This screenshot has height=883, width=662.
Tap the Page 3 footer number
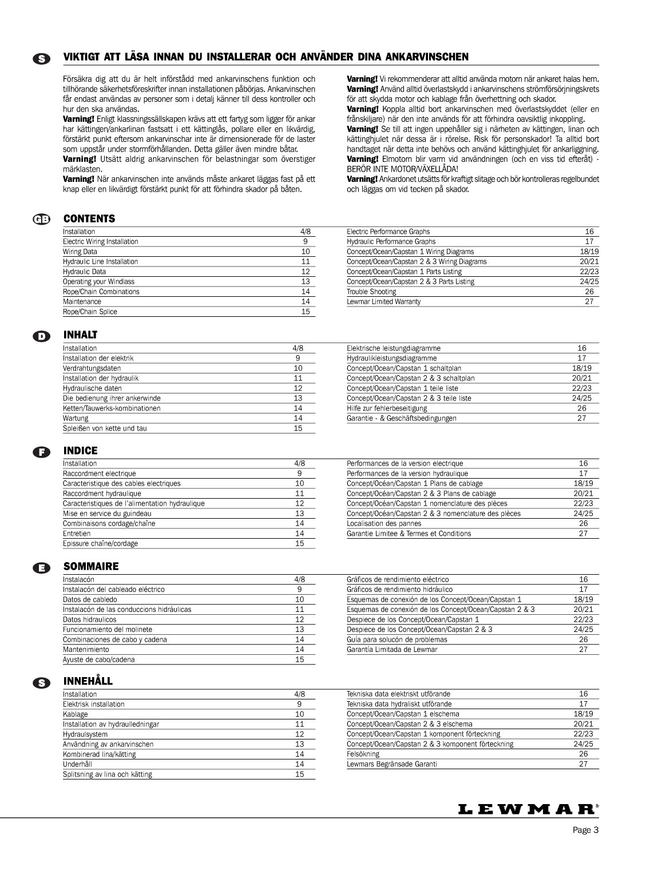click(x=585, y=831)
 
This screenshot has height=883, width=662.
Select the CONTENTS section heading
click(x=89, y=218)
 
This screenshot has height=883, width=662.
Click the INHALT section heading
click(x=80, y=335)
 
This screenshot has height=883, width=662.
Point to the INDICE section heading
click(x=81, y=451)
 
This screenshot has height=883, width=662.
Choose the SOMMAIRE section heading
click(x=91, y=567)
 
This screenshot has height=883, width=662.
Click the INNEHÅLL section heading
click(x=88, y=682)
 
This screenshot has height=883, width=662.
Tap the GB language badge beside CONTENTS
click(x=42, y=220)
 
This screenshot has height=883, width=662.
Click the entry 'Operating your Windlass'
click(x=98, y=281)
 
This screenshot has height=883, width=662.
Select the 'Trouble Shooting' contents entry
click(x=371, y=292)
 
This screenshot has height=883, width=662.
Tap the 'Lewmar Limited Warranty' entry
click(x=383, y=301)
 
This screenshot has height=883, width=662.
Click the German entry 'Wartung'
click(x=76, y=418)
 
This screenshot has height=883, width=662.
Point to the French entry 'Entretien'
click(x=77, y=534)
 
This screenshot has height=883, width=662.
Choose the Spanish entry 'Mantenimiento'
click(x=86, y=650)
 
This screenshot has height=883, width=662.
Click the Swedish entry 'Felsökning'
click(x=363, y=754)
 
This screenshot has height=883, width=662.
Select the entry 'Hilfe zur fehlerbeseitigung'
click(x=387, y=408)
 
